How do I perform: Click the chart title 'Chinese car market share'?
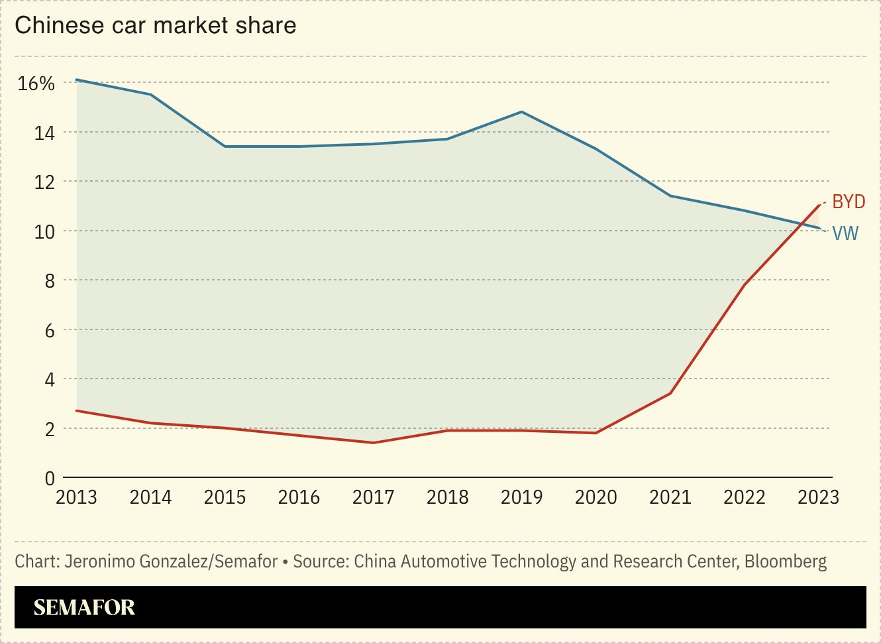click(156, 25)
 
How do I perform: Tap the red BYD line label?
click(848, 202)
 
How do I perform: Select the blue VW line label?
click(845, 233)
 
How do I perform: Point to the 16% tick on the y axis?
click(36, 84)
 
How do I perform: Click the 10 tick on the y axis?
click(44, 231)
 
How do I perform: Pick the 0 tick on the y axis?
click(50, 478)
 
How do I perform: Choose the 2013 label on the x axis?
click(76, 497)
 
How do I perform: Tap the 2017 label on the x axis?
click(373, 497)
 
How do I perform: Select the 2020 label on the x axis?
click(596, 497)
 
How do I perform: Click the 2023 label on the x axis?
click(818, 497)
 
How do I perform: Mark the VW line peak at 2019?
click(522, 112)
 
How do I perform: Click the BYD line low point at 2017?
click(374, 443)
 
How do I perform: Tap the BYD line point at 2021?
click(670, 394)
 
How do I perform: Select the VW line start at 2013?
click(77, 80)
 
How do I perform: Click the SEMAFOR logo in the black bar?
click(84, 607)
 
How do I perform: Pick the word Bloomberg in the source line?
click(786, 561)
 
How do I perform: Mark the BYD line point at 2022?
click(745, 285)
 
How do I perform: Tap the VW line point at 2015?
click(225, 146)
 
